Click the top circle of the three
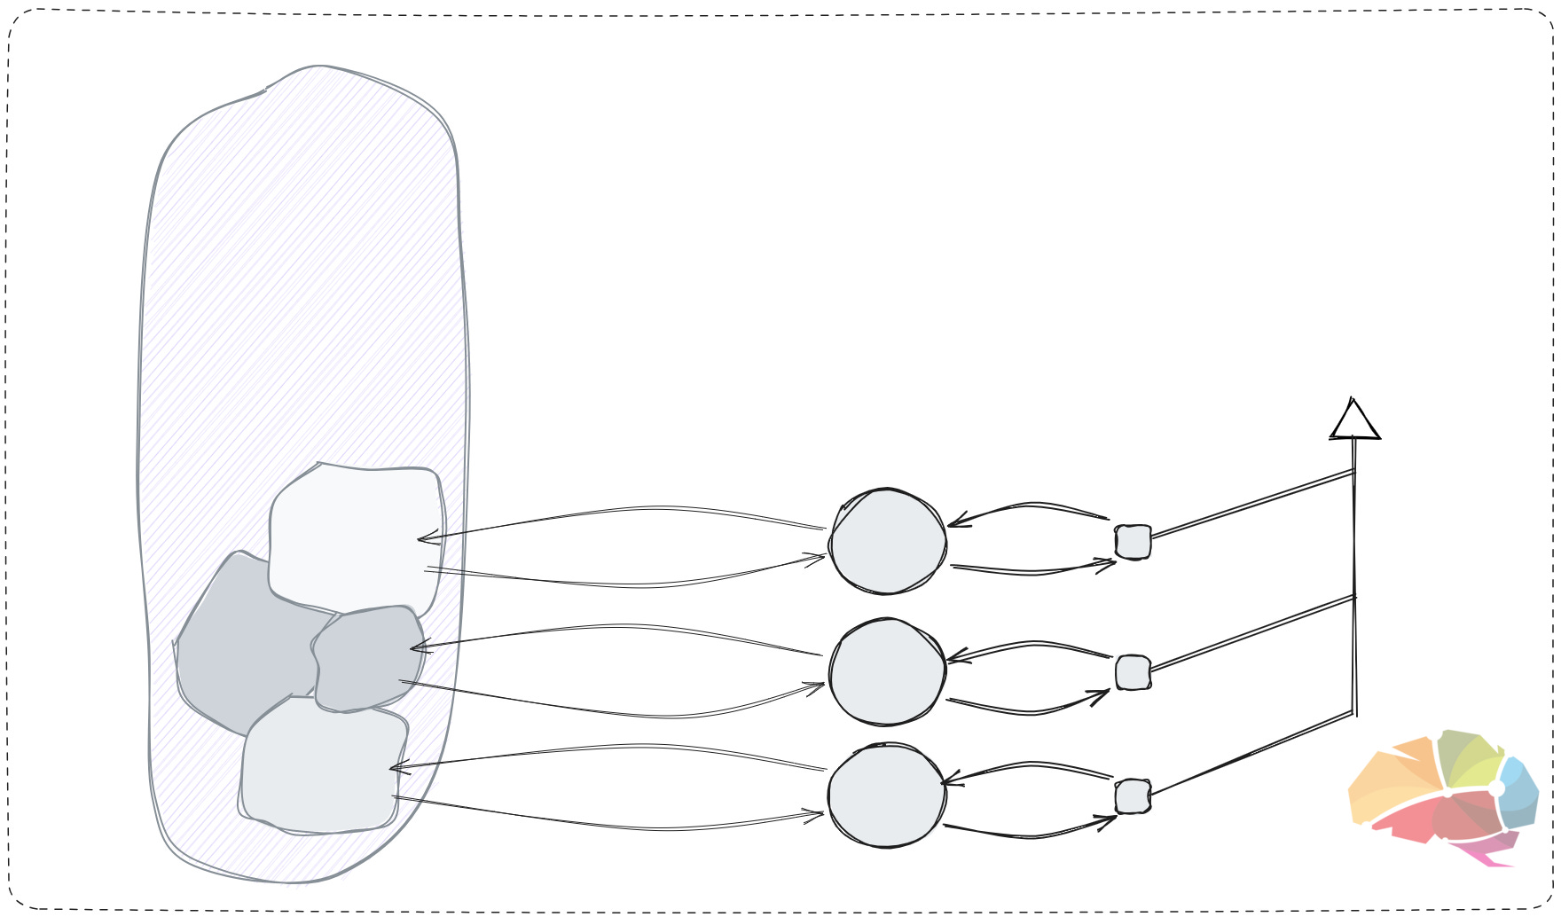(887, 541)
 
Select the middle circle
(887, 672)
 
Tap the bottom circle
(887, 796)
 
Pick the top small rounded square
(1133, 542)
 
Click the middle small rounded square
(1133, 673)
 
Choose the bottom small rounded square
(1133, 796)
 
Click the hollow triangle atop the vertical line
(1354, 422)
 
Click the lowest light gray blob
(319, 767)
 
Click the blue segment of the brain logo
(1518, 794)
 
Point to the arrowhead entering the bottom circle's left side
(814, 813)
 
